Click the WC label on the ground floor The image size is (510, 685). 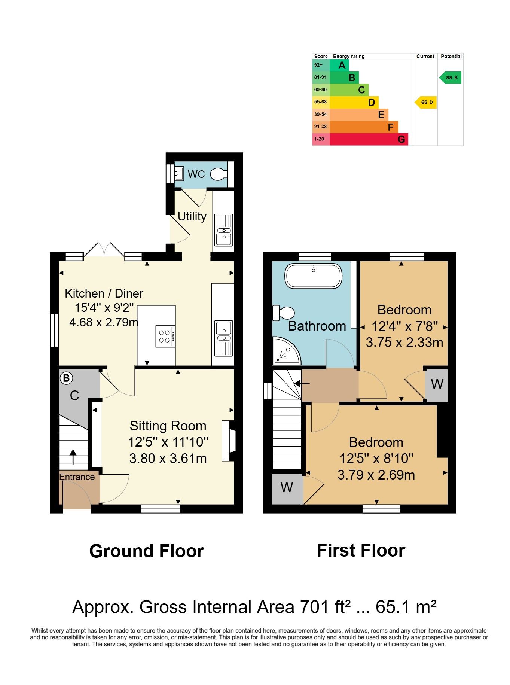[196, 174]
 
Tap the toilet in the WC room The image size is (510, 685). [219, 174]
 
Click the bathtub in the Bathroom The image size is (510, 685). [314, 276]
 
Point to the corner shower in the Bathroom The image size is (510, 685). [286, 351]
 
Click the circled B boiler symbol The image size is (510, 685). [66, 378]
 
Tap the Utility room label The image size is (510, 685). [192, 216]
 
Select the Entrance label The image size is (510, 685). [77, 477]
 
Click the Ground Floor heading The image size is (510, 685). [146, 551]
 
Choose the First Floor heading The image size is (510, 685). [361, 550]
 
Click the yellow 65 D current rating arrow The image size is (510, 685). [426, 102]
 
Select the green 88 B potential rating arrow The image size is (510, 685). [450, 78]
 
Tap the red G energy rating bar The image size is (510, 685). [369, 139]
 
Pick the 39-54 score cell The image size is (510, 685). [321, 115]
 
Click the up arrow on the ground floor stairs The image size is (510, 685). [73, 457]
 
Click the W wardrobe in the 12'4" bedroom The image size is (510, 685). [437, 385]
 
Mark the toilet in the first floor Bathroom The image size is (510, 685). [284, 313]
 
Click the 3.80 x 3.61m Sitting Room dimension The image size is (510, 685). [168, 459]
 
